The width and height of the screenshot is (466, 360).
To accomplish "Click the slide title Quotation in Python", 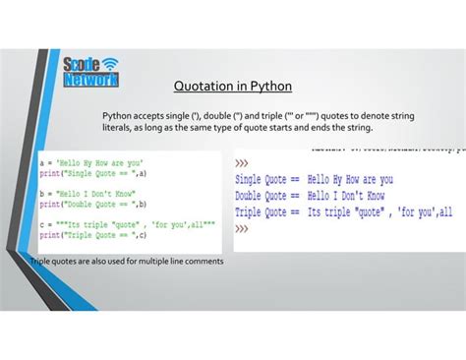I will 232,86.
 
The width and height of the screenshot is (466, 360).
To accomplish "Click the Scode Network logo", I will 90,72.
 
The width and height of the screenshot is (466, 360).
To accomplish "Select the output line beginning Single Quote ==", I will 314,180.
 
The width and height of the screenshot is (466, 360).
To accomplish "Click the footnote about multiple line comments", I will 127,262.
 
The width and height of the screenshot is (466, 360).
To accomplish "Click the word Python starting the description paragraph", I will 117,116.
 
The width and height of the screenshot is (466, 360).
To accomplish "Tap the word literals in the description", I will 118,128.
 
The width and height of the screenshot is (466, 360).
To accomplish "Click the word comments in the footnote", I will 204,262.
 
